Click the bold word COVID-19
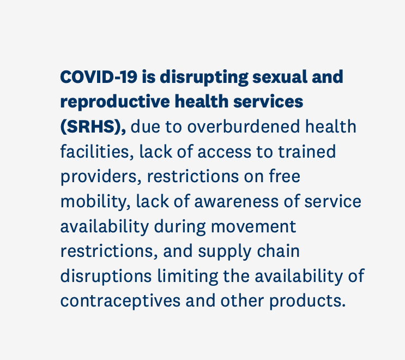(99, 77)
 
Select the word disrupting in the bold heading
(204, 77)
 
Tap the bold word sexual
(280, 77)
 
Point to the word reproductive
(115, 102)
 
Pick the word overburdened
(243, 127)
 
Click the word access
(225, 152)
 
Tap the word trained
(307, 152)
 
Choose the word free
(285, 176)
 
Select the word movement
(253, 227)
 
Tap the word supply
(225, 252)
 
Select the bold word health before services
(202, 101)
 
